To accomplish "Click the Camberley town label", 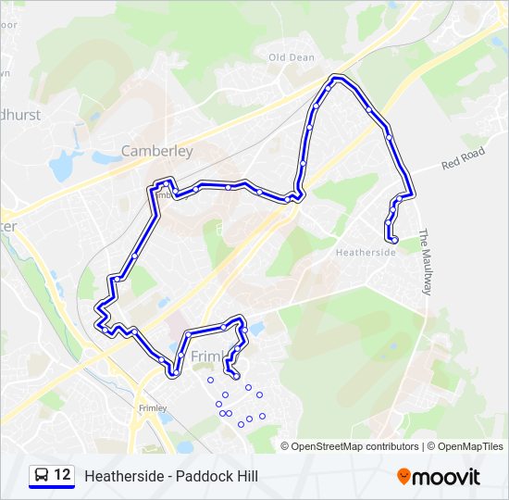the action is tap(157, 150).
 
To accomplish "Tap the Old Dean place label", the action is tap(292, 57).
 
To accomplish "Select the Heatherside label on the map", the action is tap(366, 252).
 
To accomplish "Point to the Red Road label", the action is tap(463, 158).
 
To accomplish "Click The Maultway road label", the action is tap(426, 262).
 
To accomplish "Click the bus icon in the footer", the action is tap(42, 476).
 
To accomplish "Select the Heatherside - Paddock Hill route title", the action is tap(171, 477).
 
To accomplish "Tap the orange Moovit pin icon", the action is tap(403, 477).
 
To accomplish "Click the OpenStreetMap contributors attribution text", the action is tap(354, 446).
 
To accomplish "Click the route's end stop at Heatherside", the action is tap(394, 240).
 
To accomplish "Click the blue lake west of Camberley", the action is tap(62, 167).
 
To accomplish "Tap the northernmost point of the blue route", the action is tap(339, 79).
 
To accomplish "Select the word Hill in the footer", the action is tap(244, 477).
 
